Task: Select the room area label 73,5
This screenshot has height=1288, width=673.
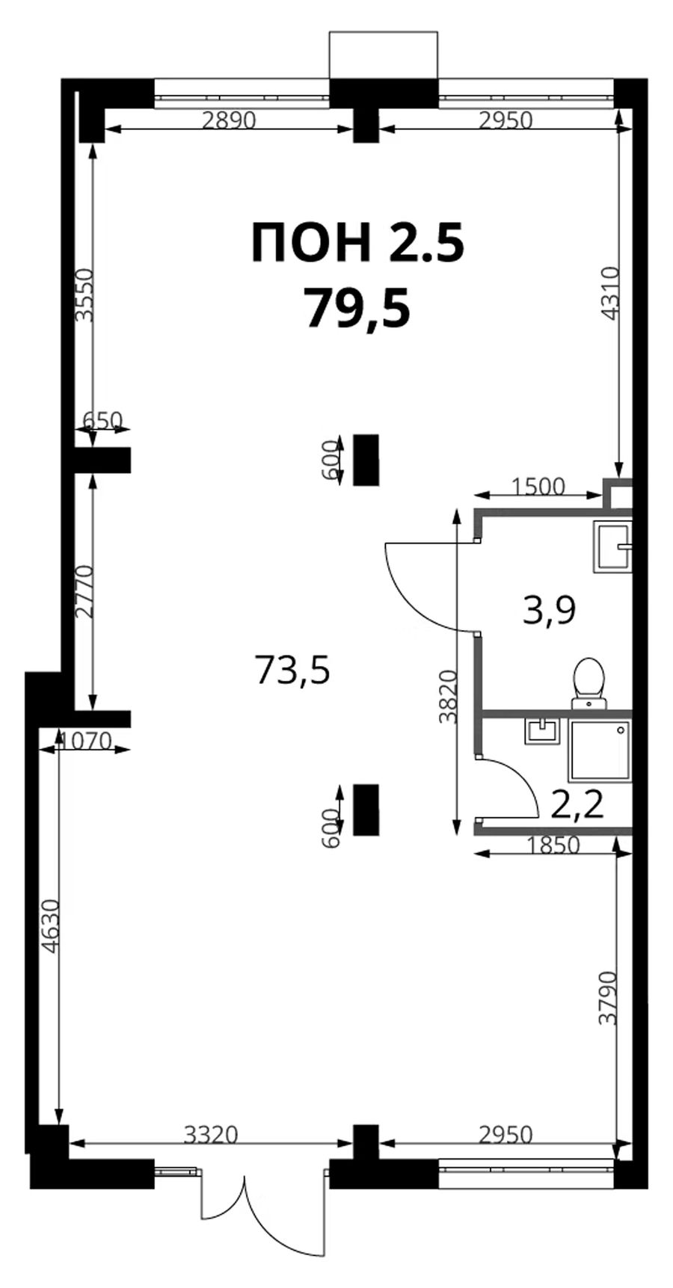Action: tap(292, 669)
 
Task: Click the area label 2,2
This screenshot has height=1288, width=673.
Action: tap(577, 806)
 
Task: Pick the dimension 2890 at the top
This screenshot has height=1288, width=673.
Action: tap(230, 120)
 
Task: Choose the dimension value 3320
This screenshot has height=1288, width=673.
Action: tap(211, 1135)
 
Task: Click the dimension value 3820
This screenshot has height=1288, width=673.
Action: tap(448, 697)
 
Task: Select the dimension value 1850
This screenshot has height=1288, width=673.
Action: tap(553, 845)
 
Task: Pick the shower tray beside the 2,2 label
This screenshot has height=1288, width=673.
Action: tap(600, 751)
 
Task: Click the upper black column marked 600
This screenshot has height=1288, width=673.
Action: tap(366, 459)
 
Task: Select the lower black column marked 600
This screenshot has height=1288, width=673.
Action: tap(366, 809)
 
